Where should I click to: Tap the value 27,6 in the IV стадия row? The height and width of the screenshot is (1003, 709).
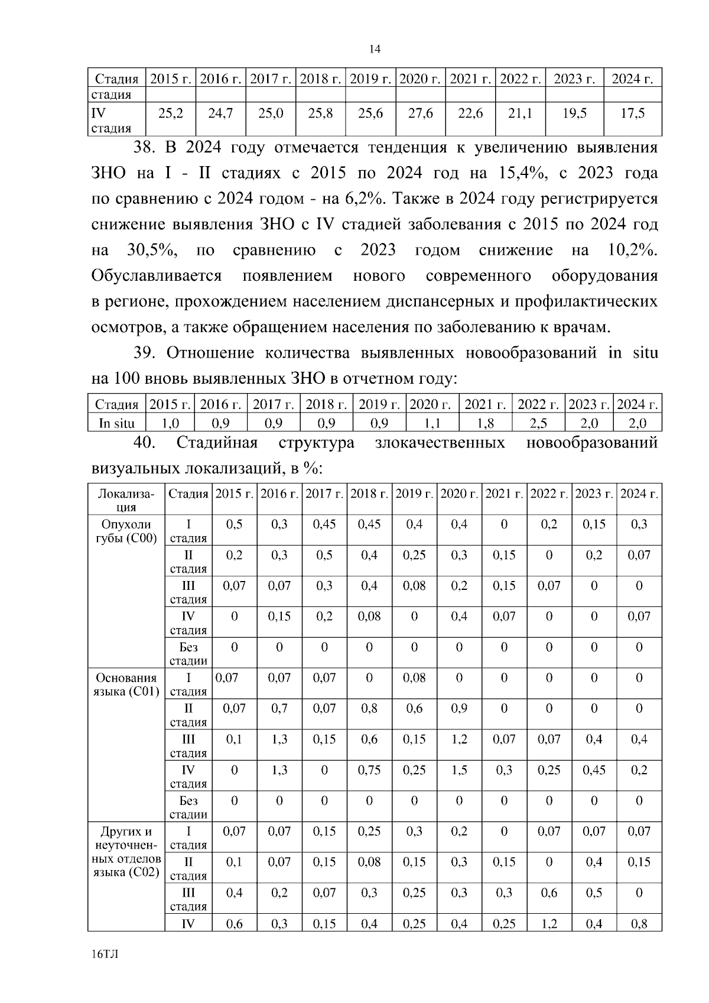(x=421, y=113)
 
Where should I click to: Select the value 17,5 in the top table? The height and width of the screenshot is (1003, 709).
(x=632, y=113)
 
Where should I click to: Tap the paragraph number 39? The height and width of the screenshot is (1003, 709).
(x=144, y=353)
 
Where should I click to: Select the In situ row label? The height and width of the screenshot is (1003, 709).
(x=116, y=423)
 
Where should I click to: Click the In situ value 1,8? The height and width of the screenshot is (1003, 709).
(x=486, y=423)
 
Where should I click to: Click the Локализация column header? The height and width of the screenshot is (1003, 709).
(x=125, y=500)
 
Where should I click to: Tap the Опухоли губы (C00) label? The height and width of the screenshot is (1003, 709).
(x=125, y=531)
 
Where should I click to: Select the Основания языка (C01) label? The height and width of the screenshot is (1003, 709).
(x=125, y=684)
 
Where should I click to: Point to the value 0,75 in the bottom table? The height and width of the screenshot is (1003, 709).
(x=369, y=770)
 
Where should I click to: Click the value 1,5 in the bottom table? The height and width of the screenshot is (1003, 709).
(x=459, y=770)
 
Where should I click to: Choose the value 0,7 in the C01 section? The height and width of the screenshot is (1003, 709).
(x=279, y=709)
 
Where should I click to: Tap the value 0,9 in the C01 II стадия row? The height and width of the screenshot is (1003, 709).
(x=459, y=709)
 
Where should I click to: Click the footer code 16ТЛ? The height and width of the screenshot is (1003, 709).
(x=105, y=955)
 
